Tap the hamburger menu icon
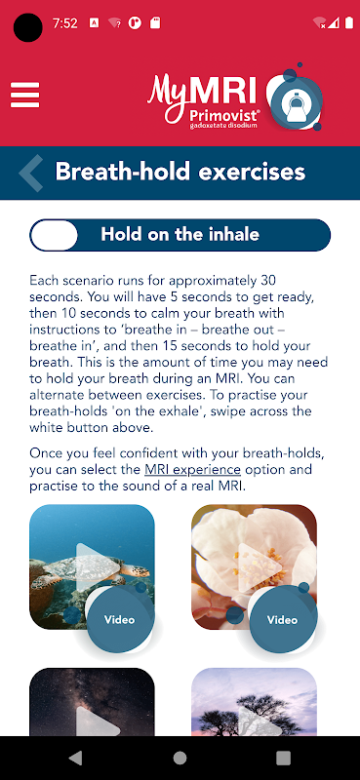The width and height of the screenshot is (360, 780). pyautogui.click(x=25, y=95)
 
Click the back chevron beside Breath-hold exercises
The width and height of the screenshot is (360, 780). pyautogui.click(x=31, y=174)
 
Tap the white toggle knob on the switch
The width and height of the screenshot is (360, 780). pyautogui.click(x=55, y=235)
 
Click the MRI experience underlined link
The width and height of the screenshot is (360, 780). pyautogui.click(x=193, y=470)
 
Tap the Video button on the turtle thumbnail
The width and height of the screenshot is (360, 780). pyautogui.click(x=119, y=620)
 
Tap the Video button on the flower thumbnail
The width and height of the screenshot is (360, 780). pyautogui.click(x=282, y=620)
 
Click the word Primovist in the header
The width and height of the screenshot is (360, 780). pyautogui.click(x=223, y=115)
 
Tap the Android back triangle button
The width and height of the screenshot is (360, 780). pyautogui.click(x=76, y=758)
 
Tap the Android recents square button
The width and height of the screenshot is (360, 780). pyautogui.click(x=283, y=758)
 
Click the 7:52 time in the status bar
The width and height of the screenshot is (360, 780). pyautogui.click(x=64, y=23)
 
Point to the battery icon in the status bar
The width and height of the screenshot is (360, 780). pyautogui.click(x=348, y=22)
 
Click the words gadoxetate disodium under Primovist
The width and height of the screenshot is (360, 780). pyautogui.click(x=223, y=126)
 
